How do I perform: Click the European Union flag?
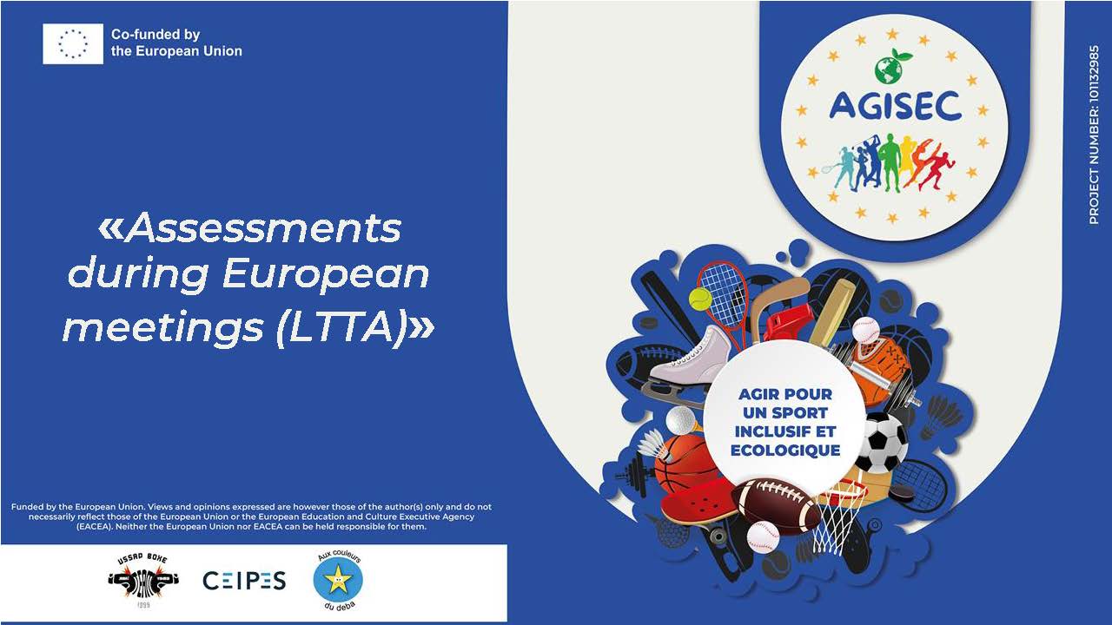(x=73, y=43)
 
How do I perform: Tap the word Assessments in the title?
(x=262, y=228)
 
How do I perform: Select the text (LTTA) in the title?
(x=342, y=328)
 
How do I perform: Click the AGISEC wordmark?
(x=895, y=106)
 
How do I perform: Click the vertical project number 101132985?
(x=1094, y=135)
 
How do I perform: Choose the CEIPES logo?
(x=244, y=581)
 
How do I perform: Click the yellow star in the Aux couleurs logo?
(x=338, y=579)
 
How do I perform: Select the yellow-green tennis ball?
(x=700, y=299)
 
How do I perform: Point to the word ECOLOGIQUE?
(x=785, y=451)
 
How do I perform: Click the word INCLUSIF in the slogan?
(x=767, y=431)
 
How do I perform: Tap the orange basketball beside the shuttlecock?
(x=685, y=464)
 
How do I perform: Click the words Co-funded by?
(x=156, y=35)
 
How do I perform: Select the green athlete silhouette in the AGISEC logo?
(x=891, y=161)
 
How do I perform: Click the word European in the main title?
(x=326, y=276)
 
